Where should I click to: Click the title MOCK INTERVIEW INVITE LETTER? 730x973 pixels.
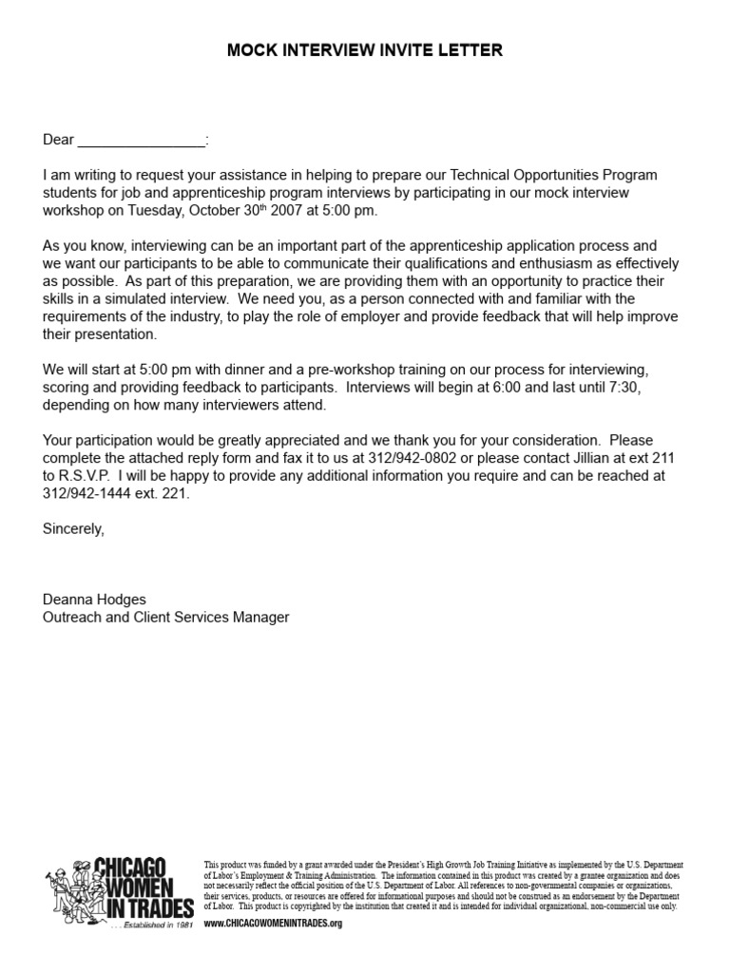(x=365, y=50)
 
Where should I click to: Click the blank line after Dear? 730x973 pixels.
(x=141, y=141)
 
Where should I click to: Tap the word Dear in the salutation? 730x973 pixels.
(x=58, y=141)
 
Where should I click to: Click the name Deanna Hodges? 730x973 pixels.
(x=94, y=600)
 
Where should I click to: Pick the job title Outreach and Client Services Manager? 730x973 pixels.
(x=165, y=618)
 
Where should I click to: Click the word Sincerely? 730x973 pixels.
(x=73, y=529)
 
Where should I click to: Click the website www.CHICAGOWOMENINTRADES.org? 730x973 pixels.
(x=273, y=924)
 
